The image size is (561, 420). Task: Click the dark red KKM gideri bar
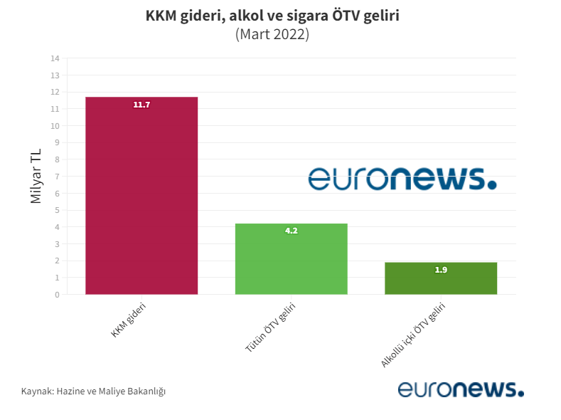[141, 199]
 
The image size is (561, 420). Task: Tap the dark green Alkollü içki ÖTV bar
[441, 281]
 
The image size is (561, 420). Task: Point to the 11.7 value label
[141, 105]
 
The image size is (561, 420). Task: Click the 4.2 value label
[291, 231]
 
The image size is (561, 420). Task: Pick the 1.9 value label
[441, 271]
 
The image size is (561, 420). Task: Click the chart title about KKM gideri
[272, 16]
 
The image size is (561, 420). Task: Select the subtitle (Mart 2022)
[272, 34]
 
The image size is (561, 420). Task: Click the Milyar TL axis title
[36, 177]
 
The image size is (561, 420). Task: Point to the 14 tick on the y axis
[55, 58]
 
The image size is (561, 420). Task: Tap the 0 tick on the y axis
[57, 295]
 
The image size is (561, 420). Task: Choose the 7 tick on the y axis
[57, 177]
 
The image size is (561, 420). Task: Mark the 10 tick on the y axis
[55, 126]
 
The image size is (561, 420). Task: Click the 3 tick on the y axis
[57, 244]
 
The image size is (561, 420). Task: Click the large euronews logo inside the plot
[402, 179]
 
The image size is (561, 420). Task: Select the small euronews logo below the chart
[460, 389]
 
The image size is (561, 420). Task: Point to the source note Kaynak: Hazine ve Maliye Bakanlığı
[93, 392]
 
